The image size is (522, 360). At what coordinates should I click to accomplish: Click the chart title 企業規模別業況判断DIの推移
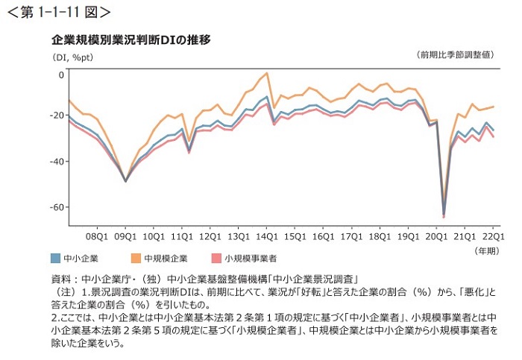pos(130,39)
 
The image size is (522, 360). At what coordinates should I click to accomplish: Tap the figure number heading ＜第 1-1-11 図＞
pos(59,12)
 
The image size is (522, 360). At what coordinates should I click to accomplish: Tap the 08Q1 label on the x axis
pos(97,236)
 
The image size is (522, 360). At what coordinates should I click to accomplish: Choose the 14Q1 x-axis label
pos(265,236)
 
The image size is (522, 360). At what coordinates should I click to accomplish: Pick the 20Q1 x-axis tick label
pos(435,236)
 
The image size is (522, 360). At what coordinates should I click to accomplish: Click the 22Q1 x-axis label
pos(491,236)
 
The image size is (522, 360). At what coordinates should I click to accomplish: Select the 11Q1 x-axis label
pos(181,236)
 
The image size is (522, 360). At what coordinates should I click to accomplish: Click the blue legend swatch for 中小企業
pos(56,258)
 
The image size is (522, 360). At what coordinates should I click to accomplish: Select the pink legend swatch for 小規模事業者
pos(216,258)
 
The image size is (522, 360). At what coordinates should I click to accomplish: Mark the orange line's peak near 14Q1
pos(266,74)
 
